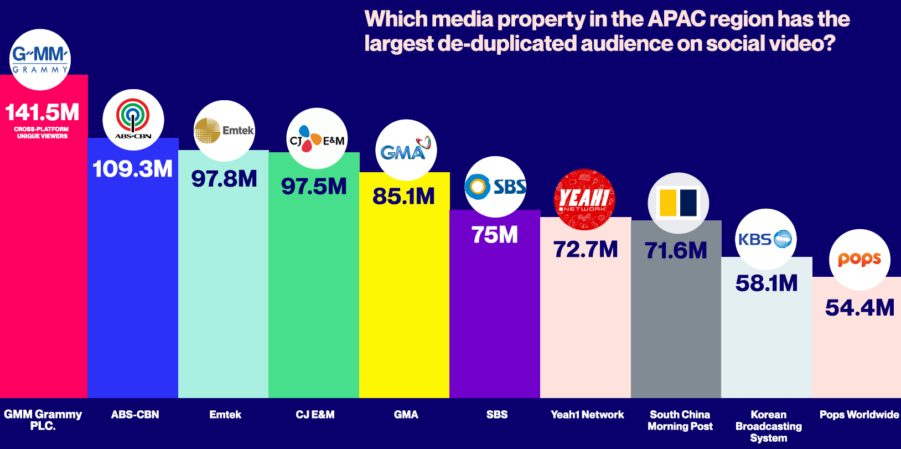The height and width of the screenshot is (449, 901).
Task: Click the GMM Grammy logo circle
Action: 40,60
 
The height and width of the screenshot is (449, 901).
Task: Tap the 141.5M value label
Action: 43,112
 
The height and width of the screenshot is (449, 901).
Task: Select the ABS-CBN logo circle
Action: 133,120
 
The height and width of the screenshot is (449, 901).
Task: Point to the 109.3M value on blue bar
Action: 133,169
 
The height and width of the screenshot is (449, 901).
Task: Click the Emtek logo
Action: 224,131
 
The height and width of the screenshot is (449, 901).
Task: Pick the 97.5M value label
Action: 314,187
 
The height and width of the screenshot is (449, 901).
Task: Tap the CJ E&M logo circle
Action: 317,138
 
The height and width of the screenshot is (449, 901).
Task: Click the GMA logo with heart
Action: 406,149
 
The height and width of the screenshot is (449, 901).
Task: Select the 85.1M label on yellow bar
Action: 404,196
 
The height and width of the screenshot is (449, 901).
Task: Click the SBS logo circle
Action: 495,187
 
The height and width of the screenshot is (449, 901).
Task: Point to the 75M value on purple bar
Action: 495,235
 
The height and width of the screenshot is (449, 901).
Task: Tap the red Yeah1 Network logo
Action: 584,199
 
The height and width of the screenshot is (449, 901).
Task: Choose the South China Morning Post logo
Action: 678,203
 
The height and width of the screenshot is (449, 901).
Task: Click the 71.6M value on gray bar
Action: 676,251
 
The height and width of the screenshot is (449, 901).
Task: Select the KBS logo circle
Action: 766,239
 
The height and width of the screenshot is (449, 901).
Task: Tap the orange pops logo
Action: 859,259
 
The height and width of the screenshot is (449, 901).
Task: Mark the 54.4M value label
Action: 859,308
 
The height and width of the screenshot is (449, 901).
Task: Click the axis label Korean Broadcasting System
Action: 768,426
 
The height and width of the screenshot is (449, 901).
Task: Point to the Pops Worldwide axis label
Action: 859,415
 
